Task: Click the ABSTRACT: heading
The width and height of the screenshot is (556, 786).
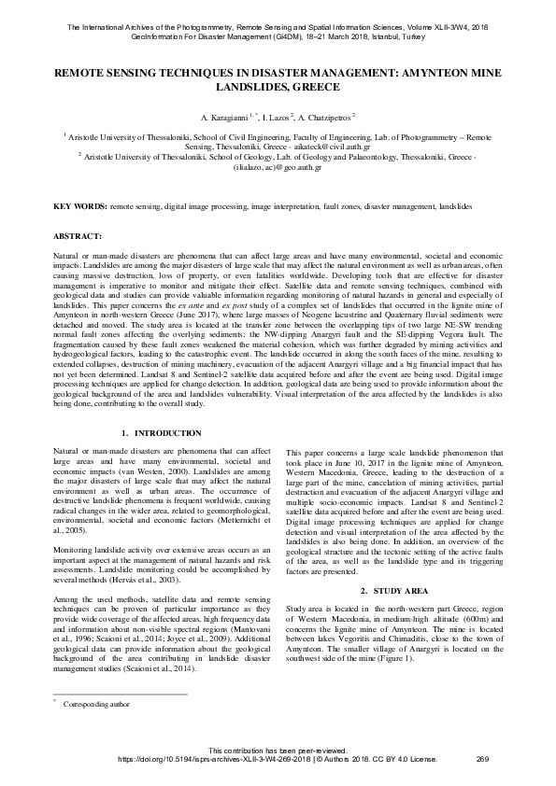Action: [x=73, y=238]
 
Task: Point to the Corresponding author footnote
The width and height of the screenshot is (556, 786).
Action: [x=91, y=705]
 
